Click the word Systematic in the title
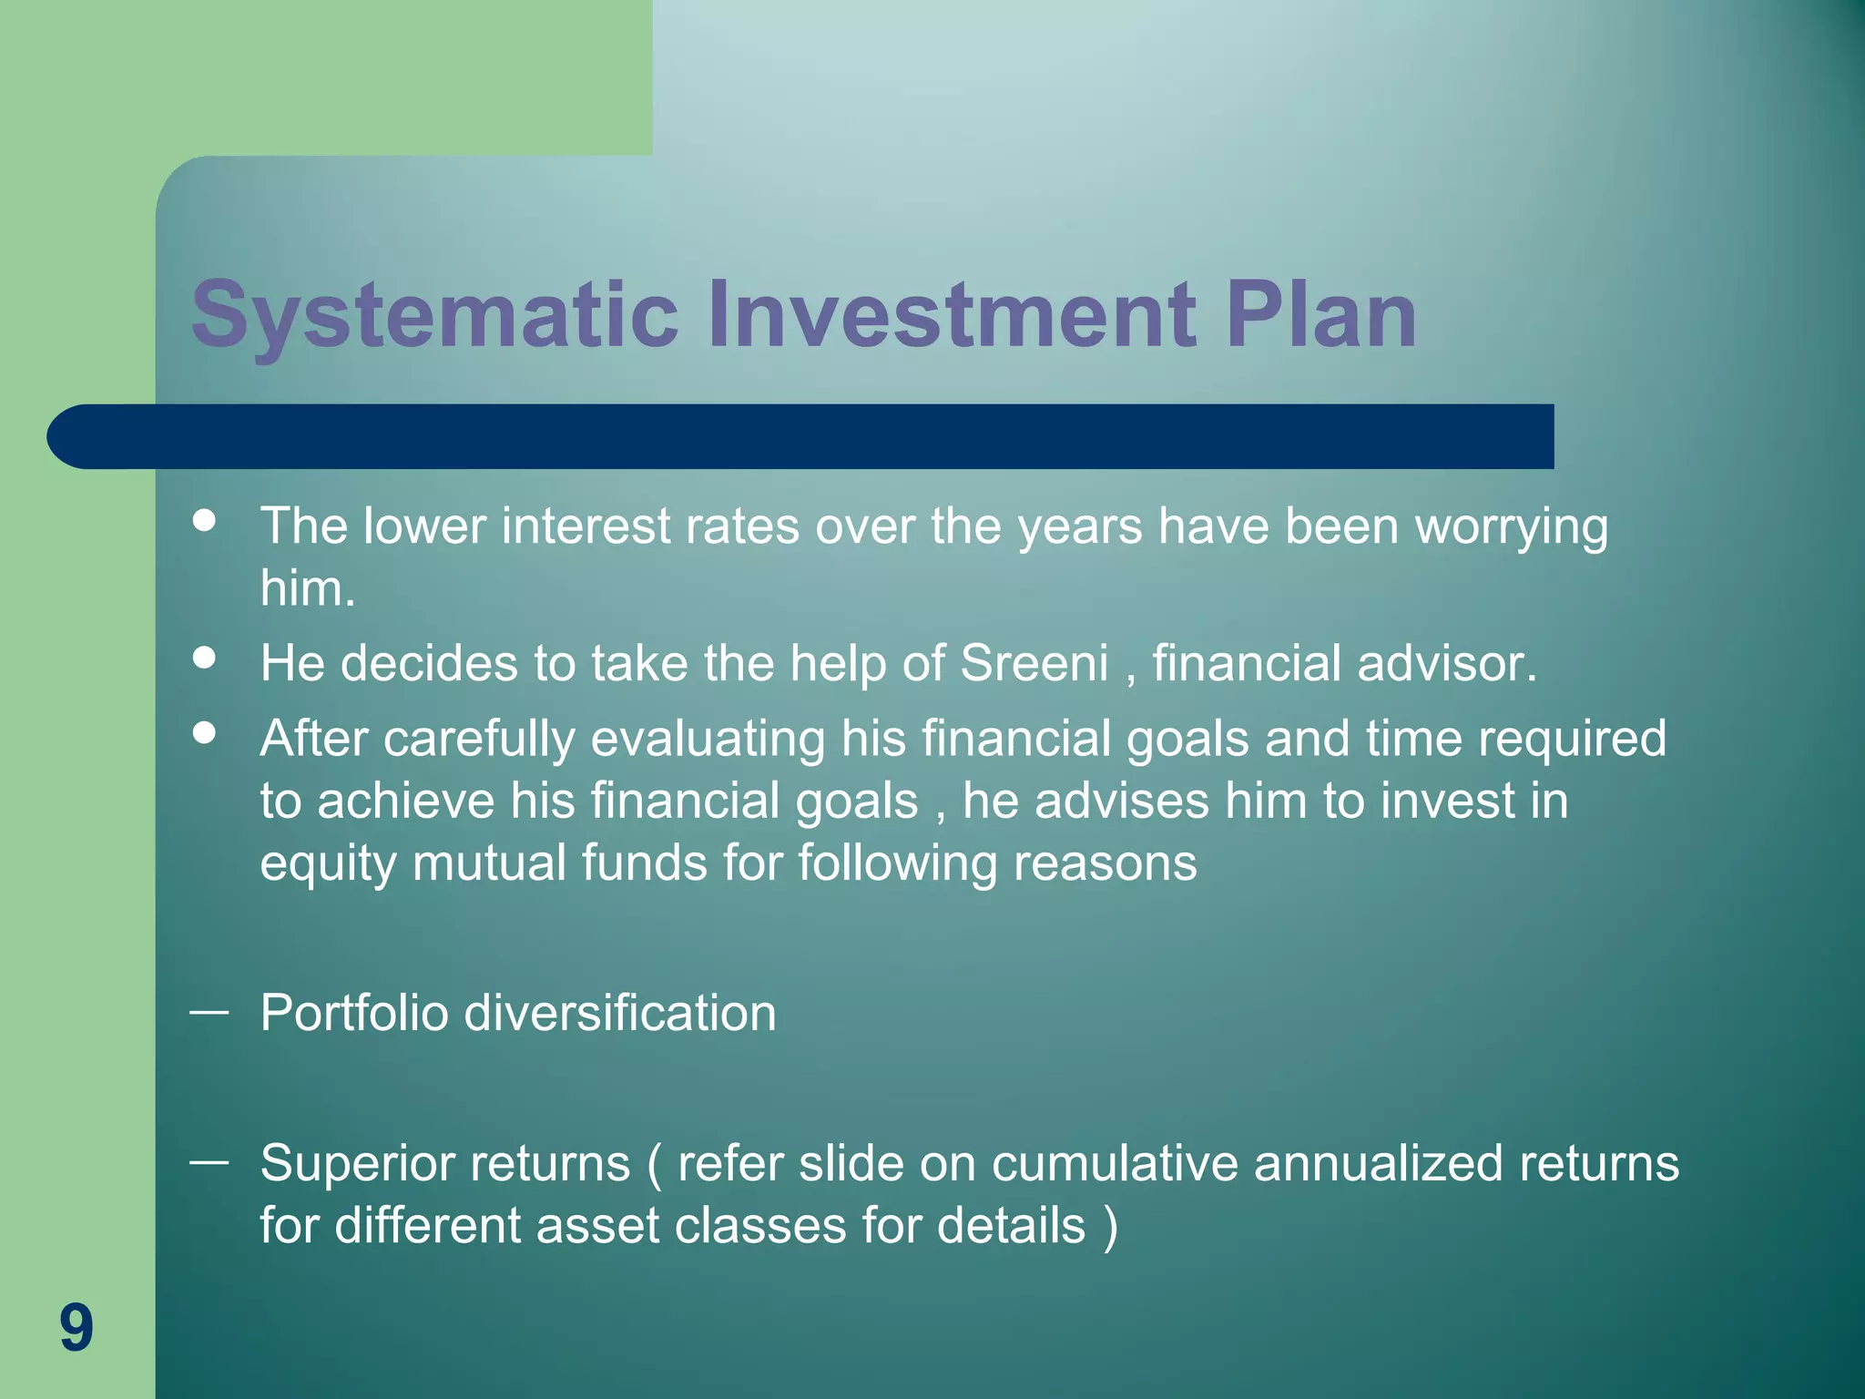434,315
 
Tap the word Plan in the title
1320,315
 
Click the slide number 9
76,1327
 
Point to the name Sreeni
1034,662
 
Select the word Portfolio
353,1013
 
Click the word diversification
620,1013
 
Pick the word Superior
353,1163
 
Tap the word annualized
1378,1163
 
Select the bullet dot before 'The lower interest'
205,520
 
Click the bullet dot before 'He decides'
205,658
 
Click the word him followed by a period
307,588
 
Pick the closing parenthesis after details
1110,1226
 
